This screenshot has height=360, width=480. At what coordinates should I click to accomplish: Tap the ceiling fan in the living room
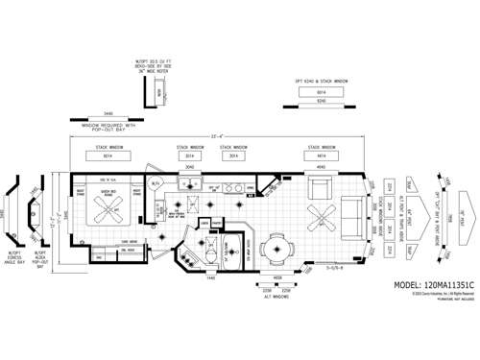coord(319,214)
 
